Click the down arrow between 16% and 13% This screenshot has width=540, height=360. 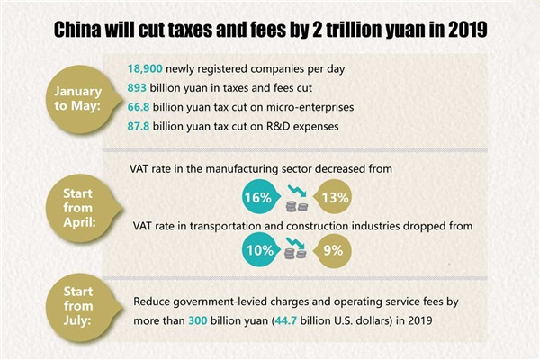click(294, 190)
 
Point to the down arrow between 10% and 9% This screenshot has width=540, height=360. click(294, 245)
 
